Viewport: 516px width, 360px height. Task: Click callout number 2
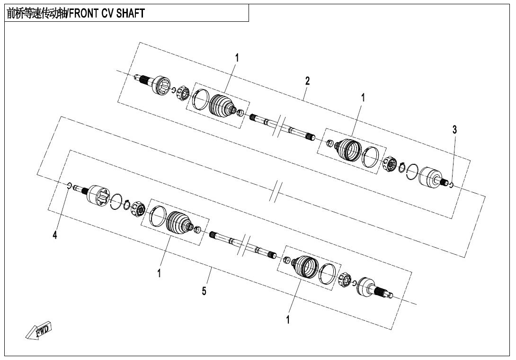pyautogui.click(x=307, y=81)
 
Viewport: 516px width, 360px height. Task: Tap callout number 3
pyautogui.click(x=454, y=129)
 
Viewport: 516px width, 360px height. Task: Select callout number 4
pyautogui.click(x=55, y=235)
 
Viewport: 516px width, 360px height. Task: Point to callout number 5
pyautogui.click(x=204, y=291)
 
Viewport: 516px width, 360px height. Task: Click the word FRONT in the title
pyautogui.click(x=82, y=13)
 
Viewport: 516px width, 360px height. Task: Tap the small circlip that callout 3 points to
pyautogui.click(x=452, y=185)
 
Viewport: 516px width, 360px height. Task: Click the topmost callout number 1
pyautogui.click(x=237, y=58)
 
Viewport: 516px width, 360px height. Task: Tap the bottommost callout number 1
pyautogui.click(x=288, y=319)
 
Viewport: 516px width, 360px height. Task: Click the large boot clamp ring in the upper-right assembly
pyautogui.click(x=370, y=156)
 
